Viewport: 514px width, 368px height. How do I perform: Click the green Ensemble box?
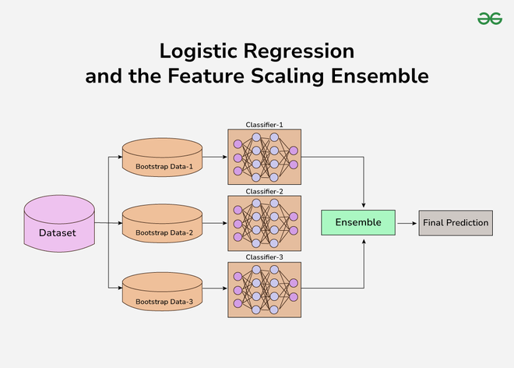pyautogui.click(x=358, y=223)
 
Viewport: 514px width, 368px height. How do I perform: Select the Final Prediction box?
pyautogui.click(x=456, y=223)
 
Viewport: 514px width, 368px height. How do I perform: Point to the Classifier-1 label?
pyautogui.click(x=265, y=125)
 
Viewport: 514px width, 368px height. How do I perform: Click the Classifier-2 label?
pyautogui.click(x=265, y=191)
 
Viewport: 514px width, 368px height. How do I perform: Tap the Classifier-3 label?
pyautogui.click(x=265, y=257)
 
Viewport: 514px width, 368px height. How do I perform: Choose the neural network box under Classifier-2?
pyautogui.click(x=265, y=223)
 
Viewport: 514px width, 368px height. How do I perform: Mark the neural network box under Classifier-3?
pyautogui.click(x=265, y=289)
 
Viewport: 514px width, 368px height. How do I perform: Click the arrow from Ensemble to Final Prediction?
pyautogui.click(x=407, y=223)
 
